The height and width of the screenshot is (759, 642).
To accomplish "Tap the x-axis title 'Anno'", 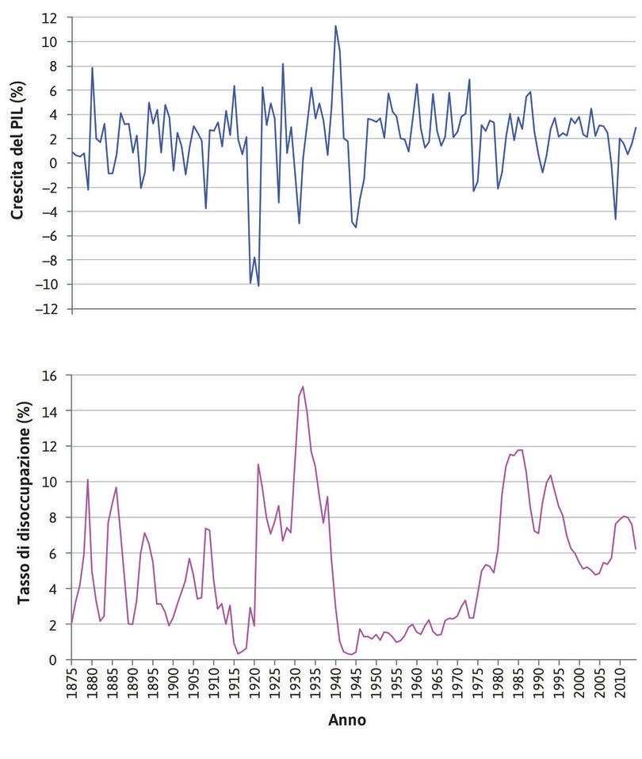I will pos(346,720).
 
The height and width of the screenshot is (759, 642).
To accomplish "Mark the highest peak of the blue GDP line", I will pos(335,25).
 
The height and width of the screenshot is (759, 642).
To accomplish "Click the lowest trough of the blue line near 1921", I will pos(258,285).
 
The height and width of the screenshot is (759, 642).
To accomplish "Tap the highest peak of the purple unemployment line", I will pos(303,387).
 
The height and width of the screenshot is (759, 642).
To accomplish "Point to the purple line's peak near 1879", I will pos(88,480).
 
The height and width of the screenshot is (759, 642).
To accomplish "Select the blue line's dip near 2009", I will pos(615,219).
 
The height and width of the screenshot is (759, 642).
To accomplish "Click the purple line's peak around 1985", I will pos(520,450).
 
